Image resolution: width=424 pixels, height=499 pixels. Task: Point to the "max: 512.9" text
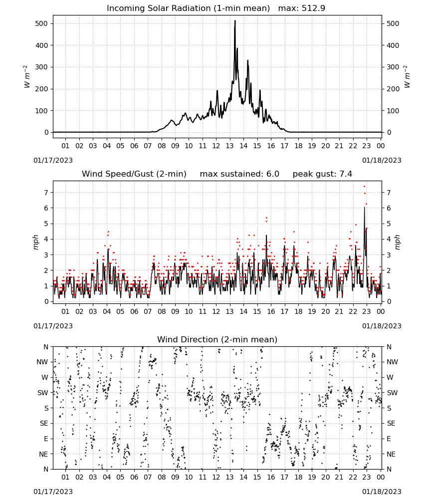point(302,8)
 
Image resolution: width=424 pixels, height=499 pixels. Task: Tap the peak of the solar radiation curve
point(235,20)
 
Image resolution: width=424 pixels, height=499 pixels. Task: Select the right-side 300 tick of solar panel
point(393,67)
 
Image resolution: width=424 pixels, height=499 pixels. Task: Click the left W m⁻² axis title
point(27,77)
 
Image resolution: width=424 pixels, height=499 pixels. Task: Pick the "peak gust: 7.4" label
point(322,174)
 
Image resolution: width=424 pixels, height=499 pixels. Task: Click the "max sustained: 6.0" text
point(239,174)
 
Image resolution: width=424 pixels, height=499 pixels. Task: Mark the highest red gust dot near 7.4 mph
point(364,187)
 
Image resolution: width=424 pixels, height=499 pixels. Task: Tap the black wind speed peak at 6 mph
point(365,208)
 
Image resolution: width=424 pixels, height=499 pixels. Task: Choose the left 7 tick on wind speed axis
point(46,193)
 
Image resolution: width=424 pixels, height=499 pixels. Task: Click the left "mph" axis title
point(35,242)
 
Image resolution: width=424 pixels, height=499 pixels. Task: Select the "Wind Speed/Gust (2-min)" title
point(134,174)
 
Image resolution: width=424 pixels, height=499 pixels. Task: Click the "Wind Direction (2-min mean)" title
point(217,339)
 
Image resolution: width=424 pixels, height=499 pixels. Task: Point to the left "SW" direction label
point(43,393)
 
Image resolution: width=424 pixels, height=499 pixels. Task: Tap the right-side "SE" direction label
point(391,424)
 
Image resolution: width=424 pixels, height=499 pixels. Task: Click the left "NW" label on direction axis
point(42,362)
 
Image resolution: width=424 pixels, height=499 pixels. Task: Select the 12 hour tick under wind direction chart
point(216,477)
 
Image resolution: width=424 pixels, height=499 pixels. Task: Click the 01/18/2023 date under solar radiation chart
point(382,160)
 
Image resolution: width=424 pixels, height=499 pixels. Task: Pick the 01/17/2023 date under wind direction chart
point(53,492)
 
